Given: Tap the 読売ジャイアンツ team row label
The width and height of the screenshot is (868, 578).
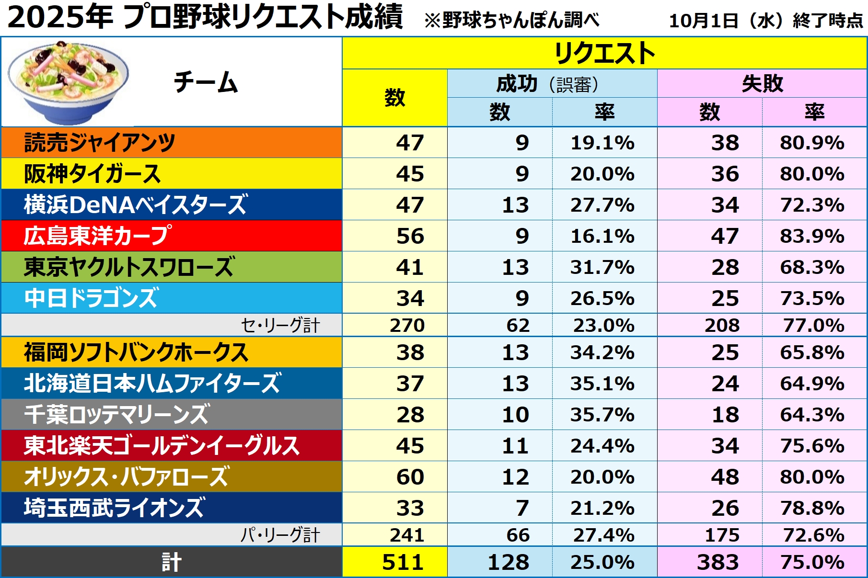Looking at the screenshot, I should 100,143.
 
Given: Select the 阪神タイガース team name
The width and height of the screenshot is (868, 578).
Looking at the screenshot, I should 92,174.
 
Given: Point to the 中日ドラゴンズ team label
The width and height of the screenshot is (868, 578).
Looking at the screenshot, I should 91,298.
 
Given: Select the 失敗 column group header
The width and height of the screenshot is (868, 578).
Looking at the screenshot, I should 762,84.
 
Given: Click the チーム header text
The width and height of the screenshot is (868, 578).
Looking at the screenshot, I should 206,82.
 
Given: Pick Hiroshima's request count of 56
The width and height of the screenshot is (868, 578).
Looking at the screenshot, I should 410,236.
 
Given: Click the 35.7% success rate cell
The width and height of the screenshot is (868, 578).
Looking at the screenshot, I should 602,415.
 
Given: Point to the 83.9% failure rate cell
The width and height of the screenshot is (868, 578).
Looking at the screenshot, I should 812,236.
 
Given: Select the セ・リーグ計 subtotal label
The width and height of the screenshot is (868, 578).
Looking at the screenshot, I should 280,326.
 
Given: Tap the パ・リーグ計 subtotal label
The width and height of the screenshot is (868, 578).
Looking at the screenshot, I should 280,535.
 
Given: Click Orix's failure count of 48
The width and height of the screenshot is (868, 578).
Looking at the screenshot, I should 725,477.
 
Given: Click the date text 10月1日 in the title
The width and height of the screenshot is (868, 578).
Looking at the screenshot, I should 704,21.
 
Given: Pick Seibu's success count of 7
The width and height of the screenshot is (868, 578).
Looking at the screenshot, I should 522,508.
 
